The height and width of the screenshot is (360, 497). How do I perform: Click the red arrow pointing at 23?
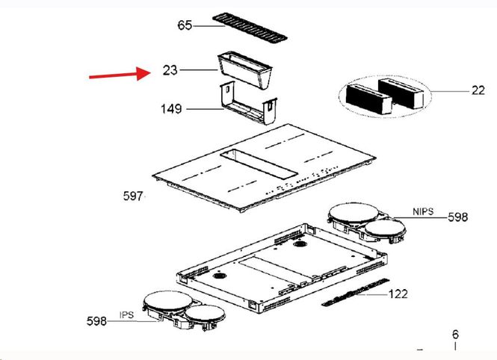pos(119,74)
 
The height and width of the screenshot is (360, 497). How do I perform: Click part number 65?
pos(185,25)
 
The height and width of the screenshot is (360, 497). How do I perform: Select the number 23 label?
pos(170,70)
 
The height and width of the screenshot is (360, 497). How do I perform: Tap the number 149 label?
pos(171,109)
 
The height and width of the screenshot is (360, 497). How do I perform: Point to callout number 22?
pos(478,90)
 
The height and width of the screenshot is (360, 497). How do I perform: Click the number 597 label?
pos(133,196)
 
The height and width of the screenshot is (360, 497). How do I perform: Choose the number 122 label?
pos(398,294)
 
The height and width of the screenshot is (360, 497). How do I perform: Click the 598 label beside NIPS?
pos(458,217)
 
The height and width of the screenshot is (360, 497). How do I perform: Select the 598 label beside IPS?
pos(96,321)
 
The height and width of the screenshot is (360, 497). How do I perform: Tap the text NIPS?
pos(423,211)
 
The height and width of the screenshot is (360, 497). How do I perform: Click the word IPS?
pos(126,315)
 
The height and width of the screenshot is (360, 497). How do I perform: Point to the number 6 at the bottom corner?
pos(455,334)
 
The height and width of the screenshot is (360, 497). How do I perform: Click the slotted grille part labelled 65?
pos(250,28)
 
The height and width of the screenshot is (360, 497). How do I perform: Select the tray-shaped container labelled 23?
pos(244,71)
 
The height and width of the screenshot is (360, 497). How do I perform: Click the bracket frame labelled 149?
pos(248,103)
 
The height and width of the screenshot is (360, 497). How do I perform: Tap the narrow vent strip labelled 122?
pos(355,292)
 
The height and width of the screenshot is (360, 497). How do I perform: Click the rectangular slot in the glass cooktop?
pos(259,164)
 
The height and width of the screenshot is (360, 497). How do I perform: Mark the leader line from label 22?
pos(451,92)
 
